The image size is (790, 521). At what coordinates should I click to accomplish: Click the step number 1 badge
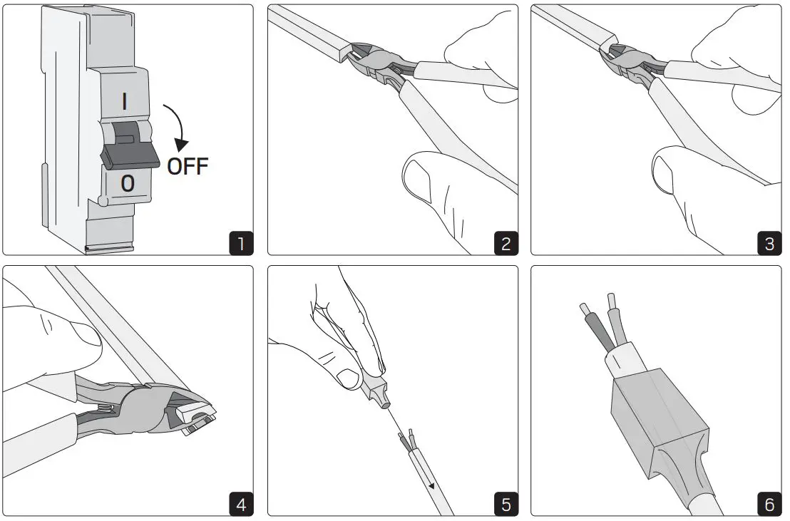click(241, 243)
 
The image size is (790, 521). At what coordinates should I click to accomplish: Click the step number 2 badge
click(505, 243)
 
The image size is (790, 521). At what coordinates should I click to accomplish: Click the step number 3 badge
click(769, 243)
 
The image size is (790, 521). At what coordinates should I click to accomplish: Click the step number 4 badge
click(241, 505)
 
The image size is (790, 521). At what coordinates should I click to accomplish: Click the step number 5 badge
click(505, 505)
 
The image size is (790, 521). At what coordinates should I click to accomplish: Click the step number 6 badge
click(769, 505)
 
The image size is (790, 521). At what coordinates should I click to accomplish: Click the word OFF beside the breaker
click(188, 167)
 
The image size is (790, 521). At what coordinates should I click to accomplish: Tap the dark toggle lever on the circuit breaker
click(126, 154)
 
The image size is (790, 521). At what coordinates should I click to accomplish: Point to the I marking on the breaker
click(125, 101)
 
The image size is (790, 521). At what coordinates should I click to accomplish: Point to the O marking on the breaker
click(127, 184)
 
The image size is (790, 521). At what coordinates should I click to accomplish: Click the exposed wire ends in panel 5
click(408, 438)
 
